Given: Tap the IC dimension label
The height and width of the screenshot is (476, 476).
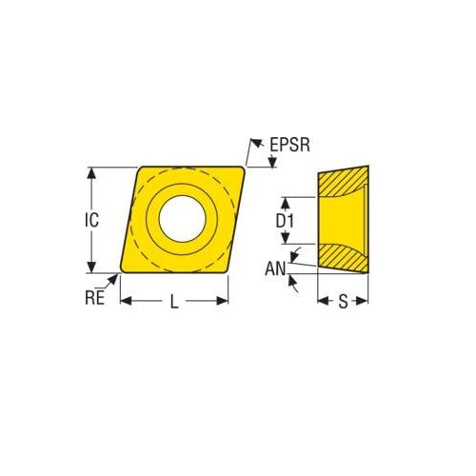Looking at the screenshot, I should click(91, 220).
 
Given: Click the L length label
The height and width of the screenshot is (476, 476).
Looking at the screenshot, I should click(174, 302).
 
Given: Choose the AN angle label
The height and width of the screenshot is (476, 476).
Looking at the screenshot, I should click(275, 269).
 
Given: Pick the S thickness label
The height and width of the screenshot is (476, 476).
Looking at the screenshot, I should click(343, 302).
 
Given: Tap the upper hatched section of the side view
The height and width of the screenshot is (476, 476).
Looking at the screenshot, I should click(343, 180).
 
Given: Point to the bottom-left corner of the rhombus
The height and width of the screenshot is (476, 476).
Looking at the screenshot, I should click(121, 271).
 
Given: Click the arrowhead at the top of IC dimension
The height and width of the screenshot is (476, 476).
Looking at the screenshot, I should click(91, 171).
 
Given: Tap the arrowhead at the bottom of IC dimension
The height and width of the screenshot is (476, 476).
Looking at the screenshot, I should click(91, 270).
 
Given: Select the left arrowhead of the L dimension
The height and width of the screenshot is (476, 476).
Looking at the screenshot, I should click(124, 302).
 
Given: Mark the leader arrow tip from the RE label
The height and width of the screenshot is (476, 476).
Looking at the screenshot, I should click(118, 275).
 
